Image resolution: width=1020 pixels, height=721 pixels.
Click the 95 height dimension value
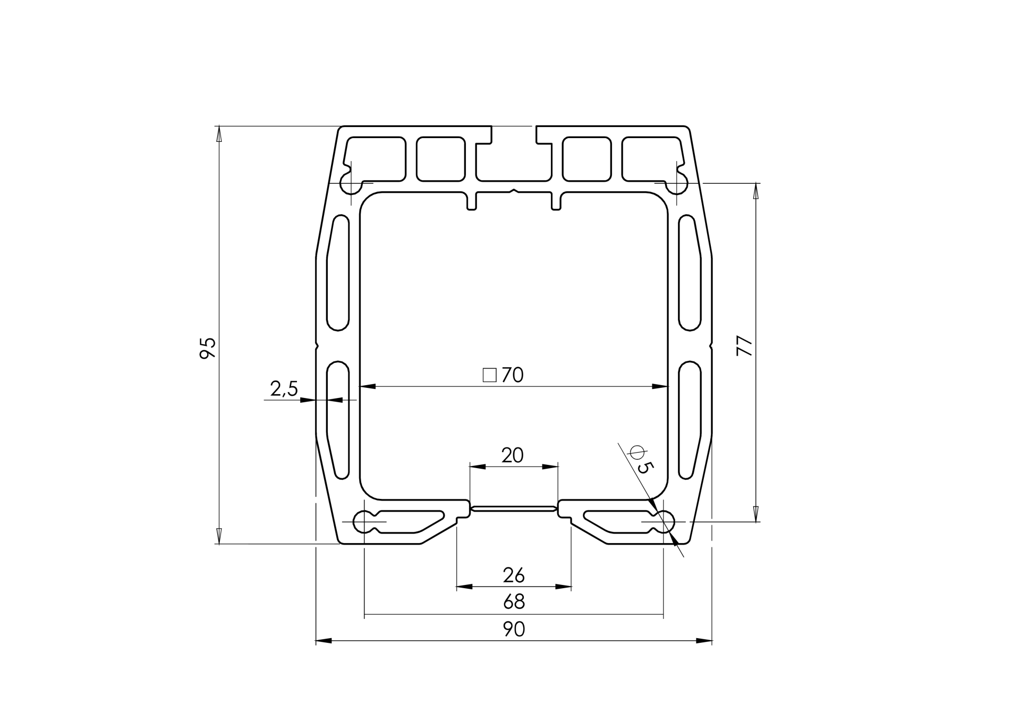[x=208, y=348]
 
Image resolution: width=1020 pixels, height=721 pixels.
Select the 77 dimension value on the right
[x=745, y=346]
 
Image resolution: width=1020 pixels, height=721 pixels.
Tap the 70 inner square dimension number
[x=513, y=375]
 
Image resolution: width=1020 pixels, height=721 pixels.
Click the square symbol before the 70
[x=489, y=375]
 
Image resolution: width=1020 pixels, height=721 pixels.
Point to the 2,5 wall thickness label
[x=284, y=389]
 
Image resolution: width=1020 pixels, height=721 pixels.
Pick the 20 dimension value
[x=513, y=455]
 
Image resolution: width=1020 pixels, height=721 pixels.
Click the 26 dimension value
[x=514, y=575]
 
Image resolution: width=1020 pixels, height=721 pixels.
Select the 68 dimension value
[x=514, y=602]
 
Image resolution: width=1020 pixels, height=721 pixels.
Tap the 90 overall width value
[x=514, y=630]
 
